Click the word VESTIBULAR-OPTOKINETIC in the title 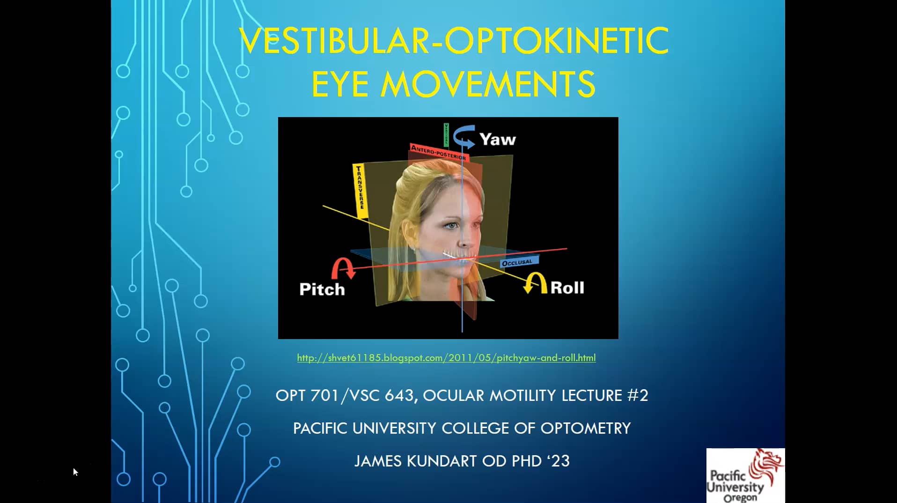pyautogui.click(x=453, y=41)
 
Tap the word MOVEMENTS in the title pyautogui.click(x=488, y=84)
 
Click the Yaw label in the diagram pyautogui.click(x=497, y=139)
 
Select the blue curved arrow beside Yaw pyautogui.click(x=464, y=136)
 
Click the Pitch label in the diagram pyautogui.click(x=322, y=289)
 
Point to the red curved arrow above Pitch pyautogui.click(x=343, y=268)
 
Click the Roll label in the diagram pyautogui.click(x=567, y=287)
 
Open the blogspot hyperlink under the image pyautogui.click(x=446, y=358)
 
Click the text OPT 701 pyautogui.click(x=307, y=396)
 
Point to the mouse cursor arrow pyautogui.click(x=75, y=471)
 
